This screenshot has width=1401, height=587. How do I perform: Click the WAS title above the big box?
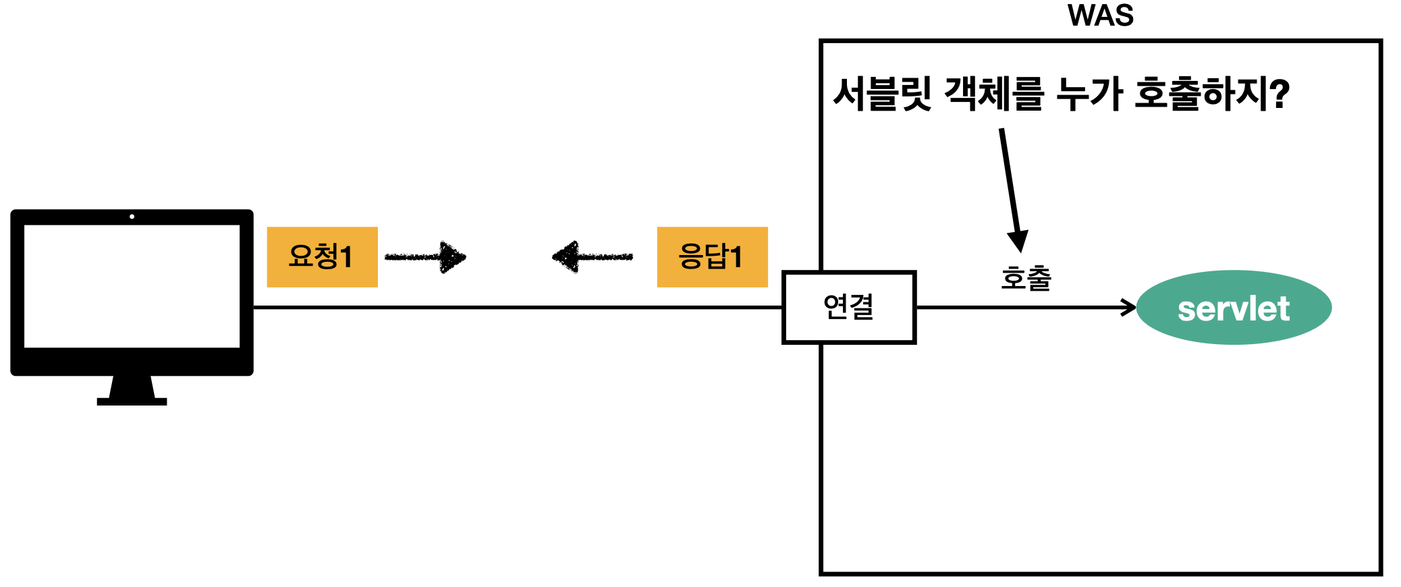coord(1100,16)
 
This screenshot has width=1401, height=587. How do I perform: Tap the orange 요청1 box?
coord(322,257)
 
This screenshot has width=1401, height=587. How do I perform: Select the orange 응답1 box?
coord(712,257)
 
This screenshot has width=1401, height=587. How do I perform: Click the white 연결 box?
coord(848,308)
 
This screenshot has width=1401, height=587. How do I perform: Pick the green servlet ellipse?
coord(1234,308)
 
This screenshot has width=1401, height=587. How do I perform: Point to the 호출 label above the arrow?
coord(1026,278)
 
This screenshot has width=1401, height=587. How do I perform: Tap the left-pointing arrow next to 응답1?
coord(591,257)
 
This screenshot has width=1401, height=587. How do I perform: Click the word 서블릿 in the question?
coord(882,94)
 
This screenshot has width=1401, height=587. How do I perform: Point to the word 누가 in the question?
coord(1089,94)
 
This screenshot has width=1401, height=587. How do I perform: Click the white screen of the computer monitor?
coord(132,286)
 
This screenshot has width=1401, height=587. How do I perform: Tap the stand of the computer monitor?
coord(132,391)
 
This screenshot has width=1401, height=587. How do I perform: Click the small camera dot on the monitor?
coord(132,217)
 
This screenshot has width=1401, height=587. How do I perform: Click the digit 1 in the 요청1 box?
coord(346,257)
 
